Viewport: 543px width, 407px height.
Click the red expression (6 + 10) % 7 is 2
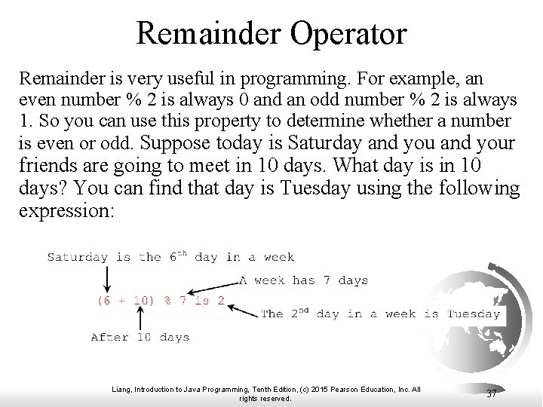(161, 300)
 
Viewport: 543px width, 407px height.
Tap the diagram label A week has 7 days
(303, 280)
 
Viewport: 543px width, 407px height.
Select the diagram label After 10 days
(140, 337)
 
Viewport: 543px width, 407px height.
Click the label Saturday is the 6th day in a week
(170, 256)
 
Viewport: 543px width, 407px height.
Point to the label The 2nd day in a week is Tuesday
(380, 314)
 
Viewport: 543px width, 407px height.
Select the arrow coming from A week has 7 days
(213, 287)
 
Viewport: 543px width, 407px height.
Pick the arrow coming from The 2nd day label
(243, 308)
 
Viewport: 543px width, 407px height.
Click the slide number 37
(491, 393)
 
